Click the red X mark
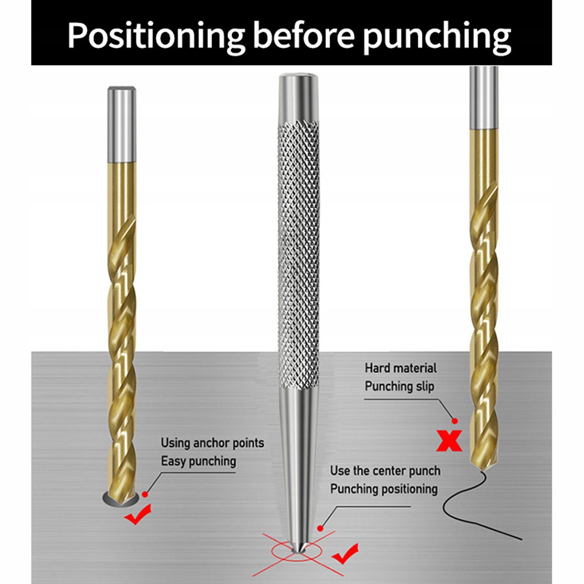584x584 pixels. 449,440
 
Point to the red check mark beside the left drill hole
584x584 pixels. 138,514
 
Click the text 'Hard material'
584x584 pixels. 400,368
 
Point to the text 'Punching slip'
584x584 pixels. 399,386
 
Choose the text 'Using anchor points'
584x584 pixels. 212,443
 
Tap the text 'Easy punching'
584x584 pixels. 199,461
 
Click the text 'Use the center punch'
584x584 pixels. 385,471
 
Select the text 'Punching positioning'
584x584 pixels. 384,489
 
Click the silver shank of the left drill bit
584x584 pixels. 122,124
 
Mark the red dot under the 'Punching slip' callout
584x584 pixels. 454,421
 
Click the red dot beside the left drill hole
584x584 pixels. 145,494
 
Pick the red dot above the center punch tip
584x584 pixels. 320,528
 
